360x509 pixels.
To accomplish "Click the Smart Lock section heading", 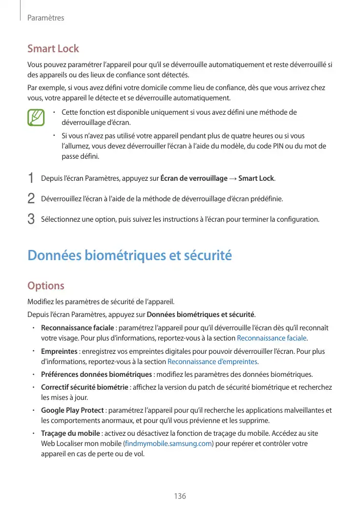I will tap(53, 49).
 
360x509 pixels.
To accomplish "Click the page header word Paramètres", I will tap(46, 18).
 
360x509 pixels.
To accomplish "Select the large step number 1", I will tap(31, 178).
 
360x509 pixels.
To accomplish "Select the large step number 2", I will tap(31, 198).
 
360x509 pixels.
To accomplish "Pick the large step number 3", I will tap(31, 219).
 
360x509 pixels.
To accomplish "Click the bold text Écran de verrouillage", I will tap(194, 178).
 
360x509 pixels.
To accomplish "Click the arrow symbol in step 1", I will tap(233, 178).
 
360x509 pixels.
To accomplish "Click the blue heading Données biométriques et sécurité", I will tap(130, 255).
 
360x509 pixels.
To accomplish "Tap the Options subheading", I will tap(46, 285).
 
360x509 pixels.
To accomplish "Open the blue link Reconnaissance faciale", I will tap(272, 338).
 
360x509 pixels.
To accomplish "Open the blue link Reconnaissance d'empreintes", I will tap(213, 362).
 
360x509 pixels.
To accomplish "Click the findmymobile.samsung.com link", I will tap(168, 443).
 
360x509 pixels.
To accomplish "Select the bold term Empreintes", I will tap(59, 352).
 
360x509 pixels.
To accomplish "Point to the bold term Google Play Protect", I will tap(72, 410).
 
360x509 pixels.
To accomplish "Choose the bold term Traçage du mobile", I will tap(70, 434).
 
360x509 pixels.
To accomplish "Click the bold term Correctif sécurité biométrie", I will tap(84, 387).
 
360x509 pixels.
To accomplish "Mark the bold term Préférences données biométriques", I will tap(96, 374).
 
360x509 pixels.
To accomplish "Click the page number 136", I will tap(180, 496).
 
